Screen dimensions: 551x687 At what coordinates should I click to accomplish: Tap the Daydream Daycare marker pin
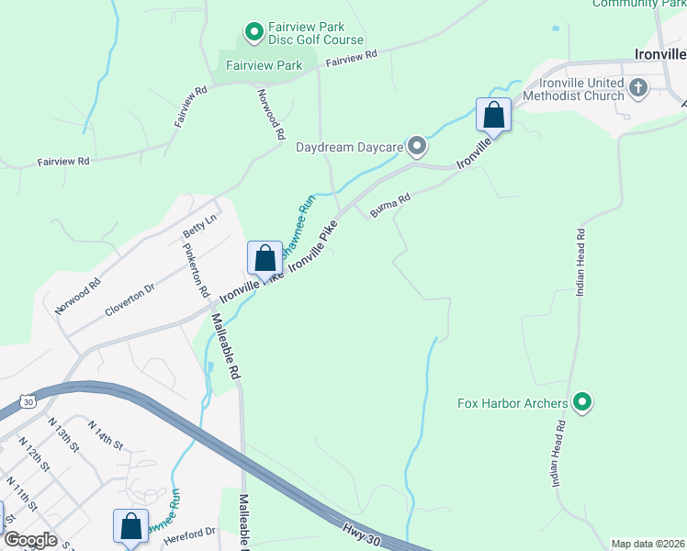(417, 146)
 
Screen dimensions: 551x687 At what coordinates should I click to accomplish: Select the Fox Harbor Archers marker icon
(581, 402)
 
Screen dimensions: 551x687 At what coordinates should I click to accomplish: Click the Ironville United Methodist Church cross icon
(638, 88)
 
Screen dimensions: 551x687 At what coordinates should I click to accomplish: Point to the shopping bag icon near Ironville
(493, 115)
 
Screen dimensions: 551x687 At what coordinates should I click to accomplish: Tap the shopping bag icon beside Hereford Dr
(130, 526)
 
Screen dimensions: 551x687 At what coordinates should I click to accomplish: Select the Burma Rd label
(389, 204)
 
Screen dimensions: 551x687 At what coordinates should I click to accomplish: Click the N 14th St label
(106, 433)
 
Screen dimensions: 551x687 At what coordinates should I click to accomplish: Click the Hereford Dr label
(192, 531)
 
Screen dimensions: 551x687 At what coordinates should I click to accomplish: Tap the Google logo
(30, 540)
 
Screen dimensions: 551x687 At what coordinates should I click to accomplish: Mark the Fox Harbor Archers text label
(512, 402)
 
